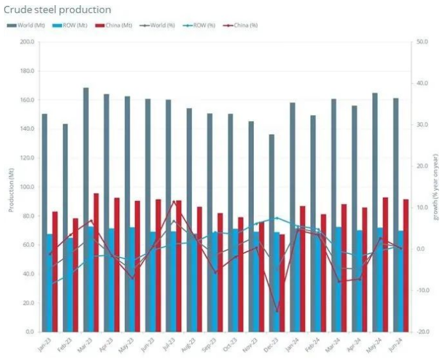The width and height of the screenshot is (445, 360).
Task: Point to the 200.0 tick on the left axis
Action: point(26,42)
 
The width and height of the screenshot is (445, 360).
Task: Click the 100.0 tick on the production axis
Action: point(26,187)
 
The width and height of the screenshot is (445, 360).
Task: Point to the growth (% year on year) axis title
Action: point(435,187)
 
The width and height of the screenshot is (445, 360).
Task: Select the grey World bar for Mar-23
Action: point(86,209)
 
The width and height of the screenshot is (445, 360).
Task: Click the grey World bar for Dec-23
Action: point(272,233)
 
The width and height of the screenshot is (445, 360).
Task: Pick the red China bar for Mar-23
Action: point(96,262)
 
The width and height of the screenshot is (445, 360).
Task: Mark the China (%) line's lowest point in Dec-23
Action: point(277,312)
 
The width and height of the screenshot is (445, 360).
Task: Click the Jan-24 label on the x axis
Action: point(289,344)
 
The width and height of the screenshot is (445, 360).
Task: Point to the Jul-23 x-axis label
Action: point(166,344)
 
